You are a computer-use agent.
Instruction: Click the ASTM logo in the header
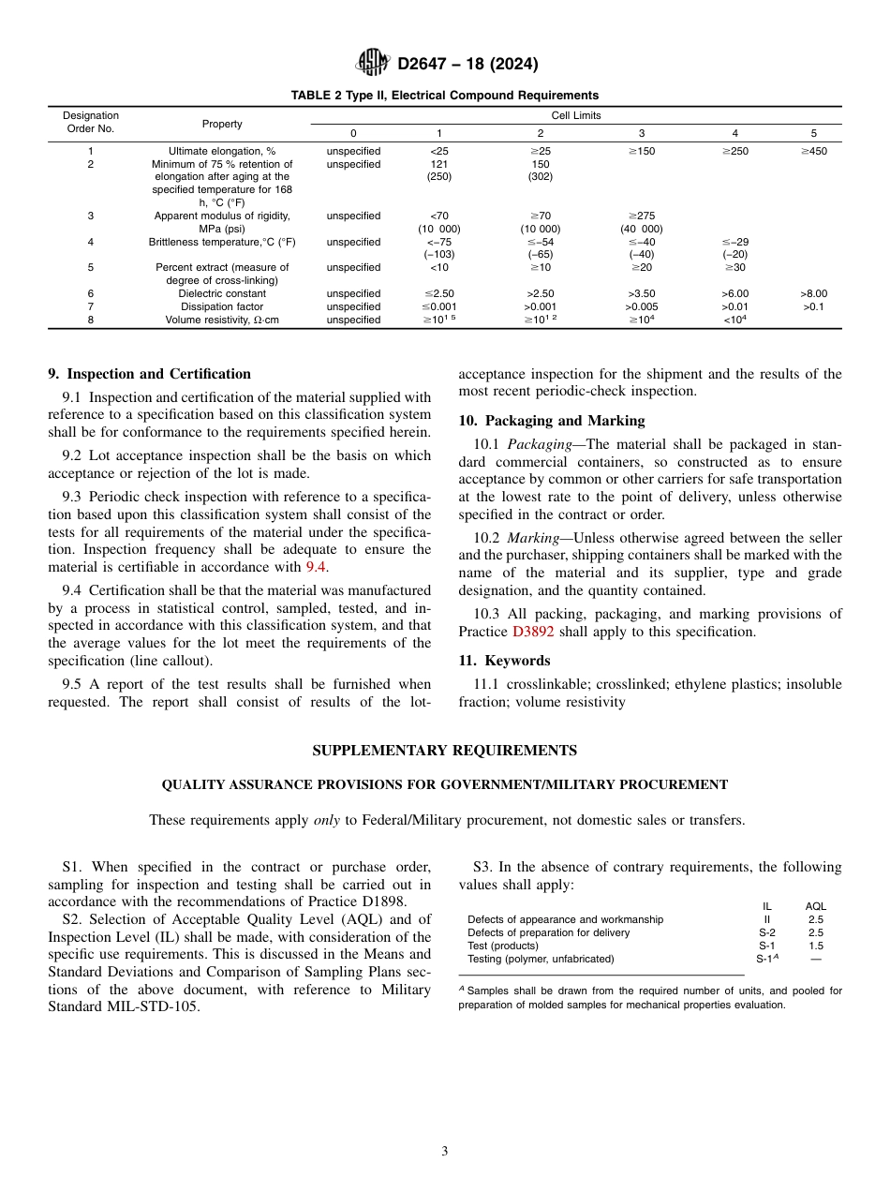[374, 64]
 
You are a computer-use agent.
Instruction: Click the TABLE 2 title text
[444, 96]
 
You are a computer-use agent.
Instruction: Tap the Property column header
[222, 124]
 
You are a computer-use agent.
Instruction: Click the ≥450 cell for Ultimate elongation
[813, 151]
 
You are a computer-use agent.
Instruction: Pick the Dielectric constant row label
[222, 293]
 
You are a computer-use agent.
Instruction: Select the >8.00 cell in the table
[813, 293]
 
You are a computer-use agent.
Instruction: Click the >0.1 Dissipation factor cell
[813, 306]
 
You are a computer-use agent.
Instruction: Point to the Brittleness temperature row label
[222, 242]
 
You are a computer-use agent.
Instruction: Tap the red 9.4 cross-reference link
[317, 567]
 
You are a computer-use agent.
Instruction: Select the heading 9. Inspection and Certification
[149, 374]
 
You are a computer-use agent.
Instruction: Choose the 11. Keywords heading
[504, 661]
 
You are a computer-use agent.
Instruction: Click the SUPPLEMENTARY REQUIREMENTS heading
[444, 751]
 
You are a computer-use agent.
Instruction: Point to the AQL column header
[815, 906]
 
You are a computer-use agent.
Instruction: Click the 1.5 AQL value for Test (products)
[815, 946]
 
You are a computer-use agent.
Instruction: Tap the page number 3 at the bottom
[445, 1152]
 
